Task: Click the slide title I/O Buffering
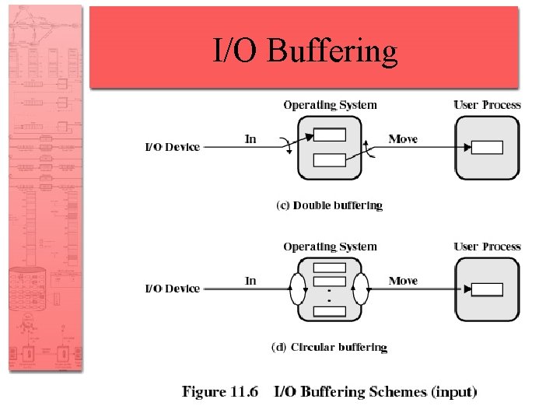(306, 51)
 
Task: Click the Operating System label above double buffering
(330, 105)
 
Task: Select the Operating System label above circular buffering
(330, 247)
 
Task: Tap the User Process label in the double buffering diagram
(488, 105)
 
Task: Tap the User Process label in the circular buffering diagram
(488, 247)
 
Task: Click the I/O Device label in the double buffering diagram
(173, 146)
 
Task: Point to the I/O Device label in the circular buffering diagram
(173, 289)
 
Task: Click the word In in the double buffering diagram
(250, 139)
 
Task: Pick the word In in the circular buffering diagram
(250, 281)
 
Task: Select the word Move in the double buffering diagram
(403, 139)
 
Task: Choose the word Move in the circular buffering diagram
(403, 281)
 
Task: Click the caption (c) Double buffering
(330, 206)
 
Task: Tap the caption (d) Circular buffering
(329, 348)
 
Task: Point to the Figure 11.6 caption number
(220, 392)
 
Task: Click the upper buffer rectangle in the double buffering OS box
(330, 135)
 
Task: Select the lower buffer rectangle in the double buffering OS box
(330, 160)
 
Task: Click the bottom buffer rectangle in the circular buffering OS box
(330, 311)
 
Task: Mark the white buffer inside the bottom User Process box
(488, 289)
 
